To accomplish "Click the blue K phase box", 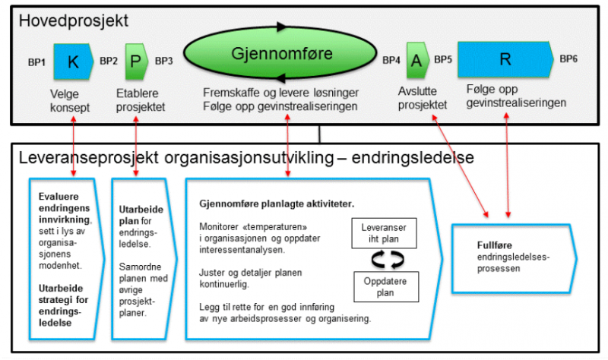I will coord(73,62).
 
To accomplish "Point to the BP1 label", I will coord(39,61).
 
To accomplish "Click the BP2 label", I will coord(109,60).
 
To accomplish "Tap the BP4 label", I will coord(391,60).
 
